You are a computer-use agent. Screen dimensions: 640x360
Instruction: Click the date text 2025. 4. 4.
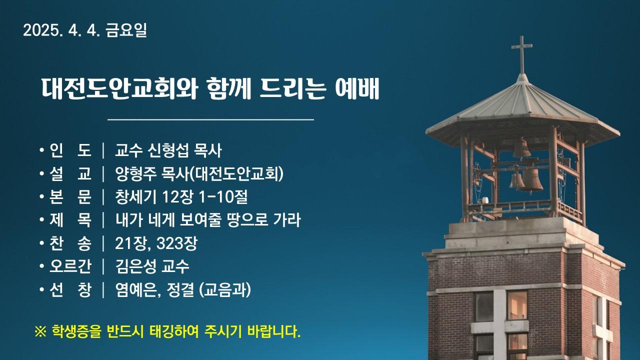pos(61,30)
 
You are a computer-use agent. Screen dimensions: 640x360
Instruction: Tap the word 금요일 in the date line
pos(126,30)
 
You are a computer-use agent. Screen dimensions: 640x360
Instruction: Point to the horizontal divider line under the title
pos(210,119)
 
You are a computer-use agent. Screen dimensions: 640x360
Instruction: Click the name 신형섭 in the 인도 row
pos(168,150)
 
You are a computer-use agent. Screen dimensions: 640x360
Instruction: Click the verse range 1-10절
pos(223,197)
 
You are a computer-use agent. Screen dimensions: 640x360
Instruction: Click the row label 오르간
pos(70,266)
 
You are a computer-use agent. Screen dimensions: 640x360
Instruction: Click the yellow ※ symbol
pos(40,332)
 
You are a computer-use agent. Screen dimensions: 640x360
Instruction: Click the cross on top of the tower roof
pos(521,54)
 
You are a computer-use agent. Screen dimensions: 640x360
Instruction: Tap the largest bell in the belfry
pos(531,180)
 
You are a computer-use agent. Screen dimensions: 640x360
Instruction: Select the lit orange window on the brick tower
pos(517,305)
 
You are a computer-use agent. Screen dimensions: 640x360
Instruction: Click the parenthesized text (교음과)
pos(225,290)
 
